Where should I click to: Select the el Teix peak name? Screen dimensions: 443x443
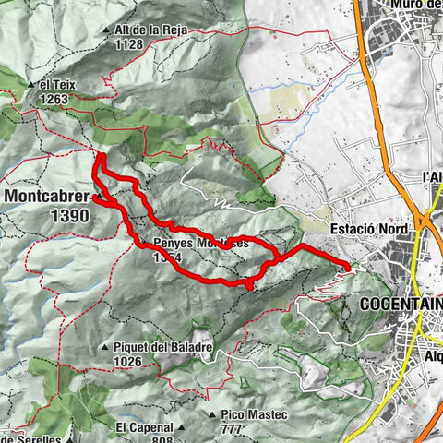point(58,85)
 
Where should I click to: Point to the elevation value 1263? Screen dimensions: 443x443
point(54,99)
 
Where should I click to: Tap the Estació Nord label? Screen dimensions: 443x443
point(361,230)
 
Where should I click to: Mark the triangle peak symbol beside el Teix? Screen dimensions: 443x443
point(32,85)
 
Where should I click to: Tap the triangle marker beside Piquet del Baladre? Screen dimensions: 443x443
point(107,348)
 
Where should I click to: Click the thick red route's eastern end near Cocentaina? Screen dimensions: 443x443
point(348,268)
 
